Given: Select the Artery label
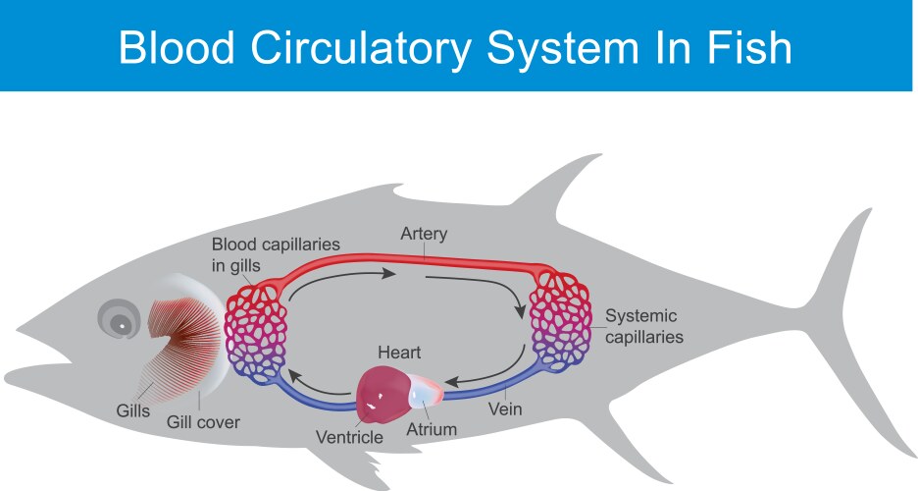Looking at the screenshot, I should (x=425, y=234).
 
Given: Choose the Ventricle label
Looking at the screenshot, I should (x=349, y=436).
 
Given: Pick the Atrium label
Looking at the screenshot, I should (x=433, y=429).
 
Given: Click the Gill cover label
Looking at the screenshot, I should (x=203, y=423).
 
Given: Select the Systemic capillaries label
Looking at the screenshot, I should (x=643, y=327).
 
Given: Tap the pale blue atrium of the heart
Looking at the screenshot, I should (x=423, y=391).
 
